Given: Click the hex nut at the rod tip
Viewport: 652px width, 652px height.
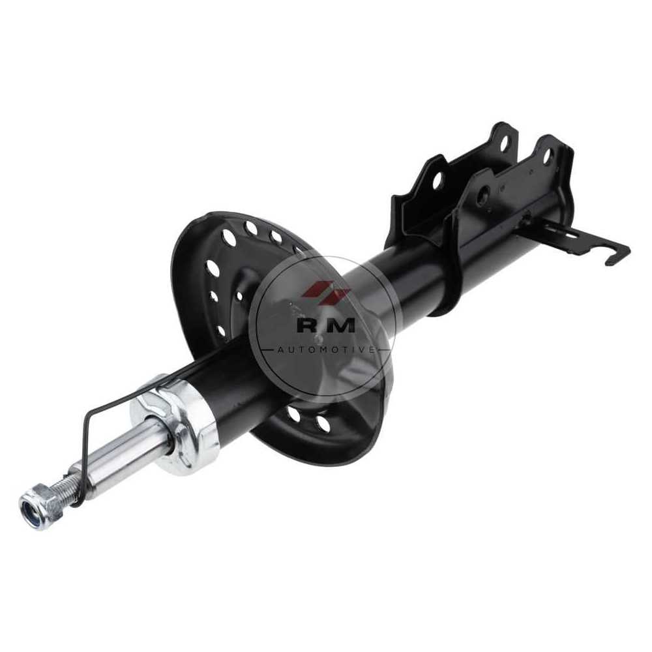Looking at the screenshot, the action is coord(40,507).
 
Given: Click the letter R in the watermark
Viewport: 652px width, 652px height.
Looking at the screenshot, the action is coord(309,325).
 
